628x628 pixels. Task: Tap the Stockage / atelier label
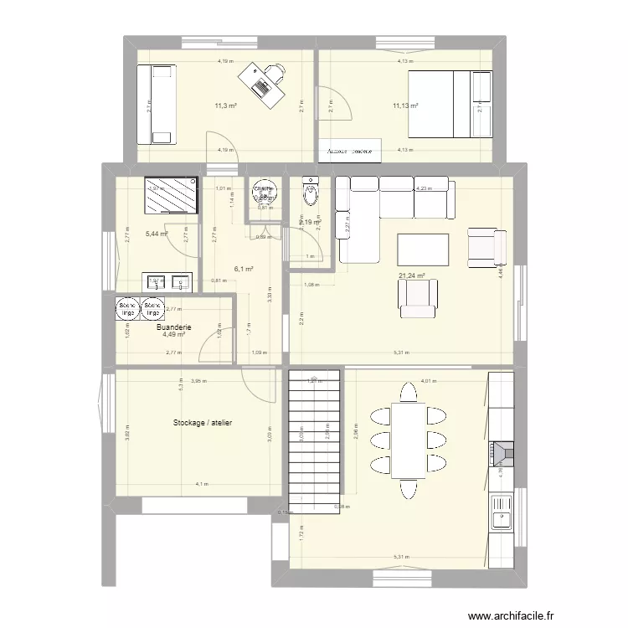pyautogui.click(x=203, y=424)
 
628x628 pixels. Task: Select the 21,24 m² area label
pyautogui.click(x=411, y=275)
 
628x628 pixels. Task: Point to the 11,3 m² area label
pyautogui.click(x=225, y=106)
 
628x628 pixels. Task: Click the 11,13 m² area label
pyautogui.click(x=405, y=106)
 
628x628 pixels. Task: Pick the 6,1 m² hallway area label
pyautogui.click(x=245, y=269)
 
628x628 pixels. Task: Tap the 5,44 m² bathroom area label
pyautogui.click(x=157, y=234)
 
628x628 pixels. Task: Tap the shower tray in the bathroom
pyautogui.click(x=172, y=195)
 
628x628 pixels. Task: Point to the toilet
pyautogui.click(x=311, y=192)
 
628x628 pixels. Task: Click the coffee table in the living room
pyautogui.click(x=422, y=250)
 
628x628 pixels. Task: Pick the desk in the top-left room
pyautogui.click(x=261, y=83)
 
